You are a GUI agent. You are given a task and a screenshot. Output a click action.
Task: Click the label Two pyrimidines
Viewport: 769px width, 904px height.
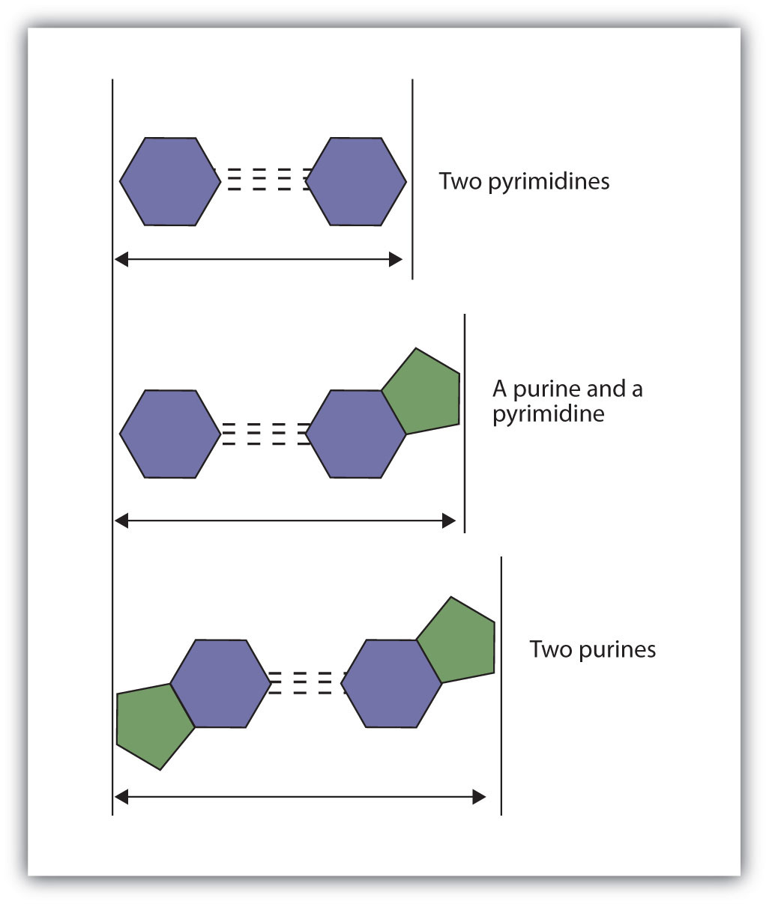point(524,182)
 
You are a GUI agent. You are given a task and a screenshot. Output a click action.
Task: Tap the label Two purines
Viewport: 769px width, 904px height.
point(592,649)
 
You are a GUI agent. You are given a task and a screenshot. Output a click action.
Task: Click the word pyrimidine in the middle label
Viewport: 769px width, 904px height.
point(548,414)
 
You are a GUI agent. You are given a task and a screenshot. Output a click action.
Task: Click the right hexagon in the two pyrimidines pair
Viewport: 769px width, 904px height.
point(356,181)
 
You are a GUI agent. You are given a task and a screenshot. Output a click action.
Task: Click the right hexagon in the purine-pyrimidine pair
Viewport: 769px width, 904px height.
point(356,434)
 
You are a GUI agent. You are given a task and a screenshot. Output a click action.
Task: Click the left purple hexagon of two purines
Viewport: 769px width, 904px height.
point(220,683)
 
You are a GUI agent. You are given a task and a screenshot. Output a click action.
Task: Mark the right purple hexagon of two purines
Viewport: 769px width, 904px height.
point(392,683)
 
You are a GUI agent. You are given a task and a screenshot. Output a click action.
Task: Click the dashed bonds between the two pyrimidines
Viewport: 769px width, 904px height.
point(263,181)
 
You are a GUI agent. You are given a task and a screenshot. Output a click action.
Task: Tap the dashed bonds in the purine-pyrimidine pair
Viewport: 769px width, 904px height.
point(263,434)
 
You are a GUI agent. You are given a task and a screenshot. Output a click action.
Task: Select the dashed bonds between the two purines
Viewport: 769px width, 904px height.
point(307,683)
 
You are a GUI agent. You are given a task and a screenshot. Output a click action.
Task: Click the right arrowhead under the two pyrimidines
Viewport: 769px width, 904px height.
point(396,260)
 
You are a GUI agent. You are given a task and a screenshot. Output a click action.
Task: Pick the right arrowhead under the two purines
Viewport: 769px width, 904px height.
point(480,798)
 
